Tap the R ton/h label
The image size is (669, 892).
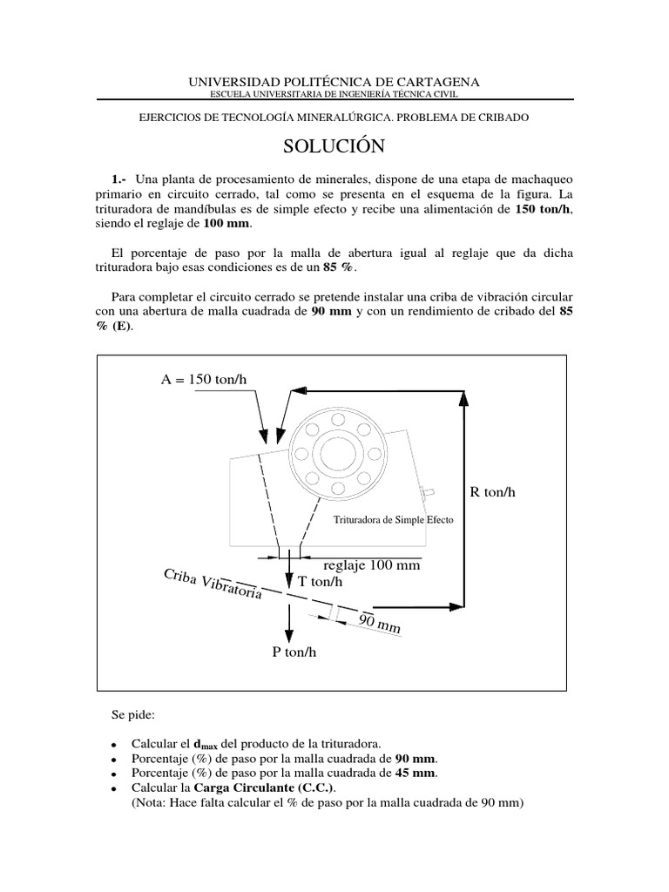[493, 492]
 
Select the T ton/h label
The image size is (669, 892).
[320, 581]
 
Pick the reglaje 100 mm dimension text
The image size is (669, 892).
[371, 565]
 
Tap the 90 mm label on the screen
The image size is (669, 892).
[379, 622]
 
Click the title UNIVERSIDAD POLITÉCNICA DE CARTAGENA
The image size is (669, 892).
[334, 82]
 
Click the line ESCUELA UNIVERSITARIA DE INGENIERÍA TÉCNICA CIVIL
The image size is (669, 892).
[334, 94]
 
